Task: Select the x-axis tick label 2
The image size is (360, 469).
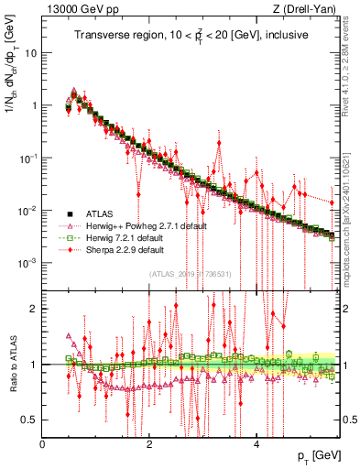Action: [149, 444]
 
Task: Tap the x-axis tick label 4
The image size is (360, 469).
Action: [256, 444]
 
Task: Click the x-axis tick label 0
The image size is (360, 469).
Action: [43, 444]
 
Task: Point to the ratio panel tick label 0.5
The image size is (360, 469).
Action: [31, 420]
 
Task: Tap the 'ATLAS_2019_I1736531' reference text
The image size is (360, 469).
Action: [190, 275]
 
